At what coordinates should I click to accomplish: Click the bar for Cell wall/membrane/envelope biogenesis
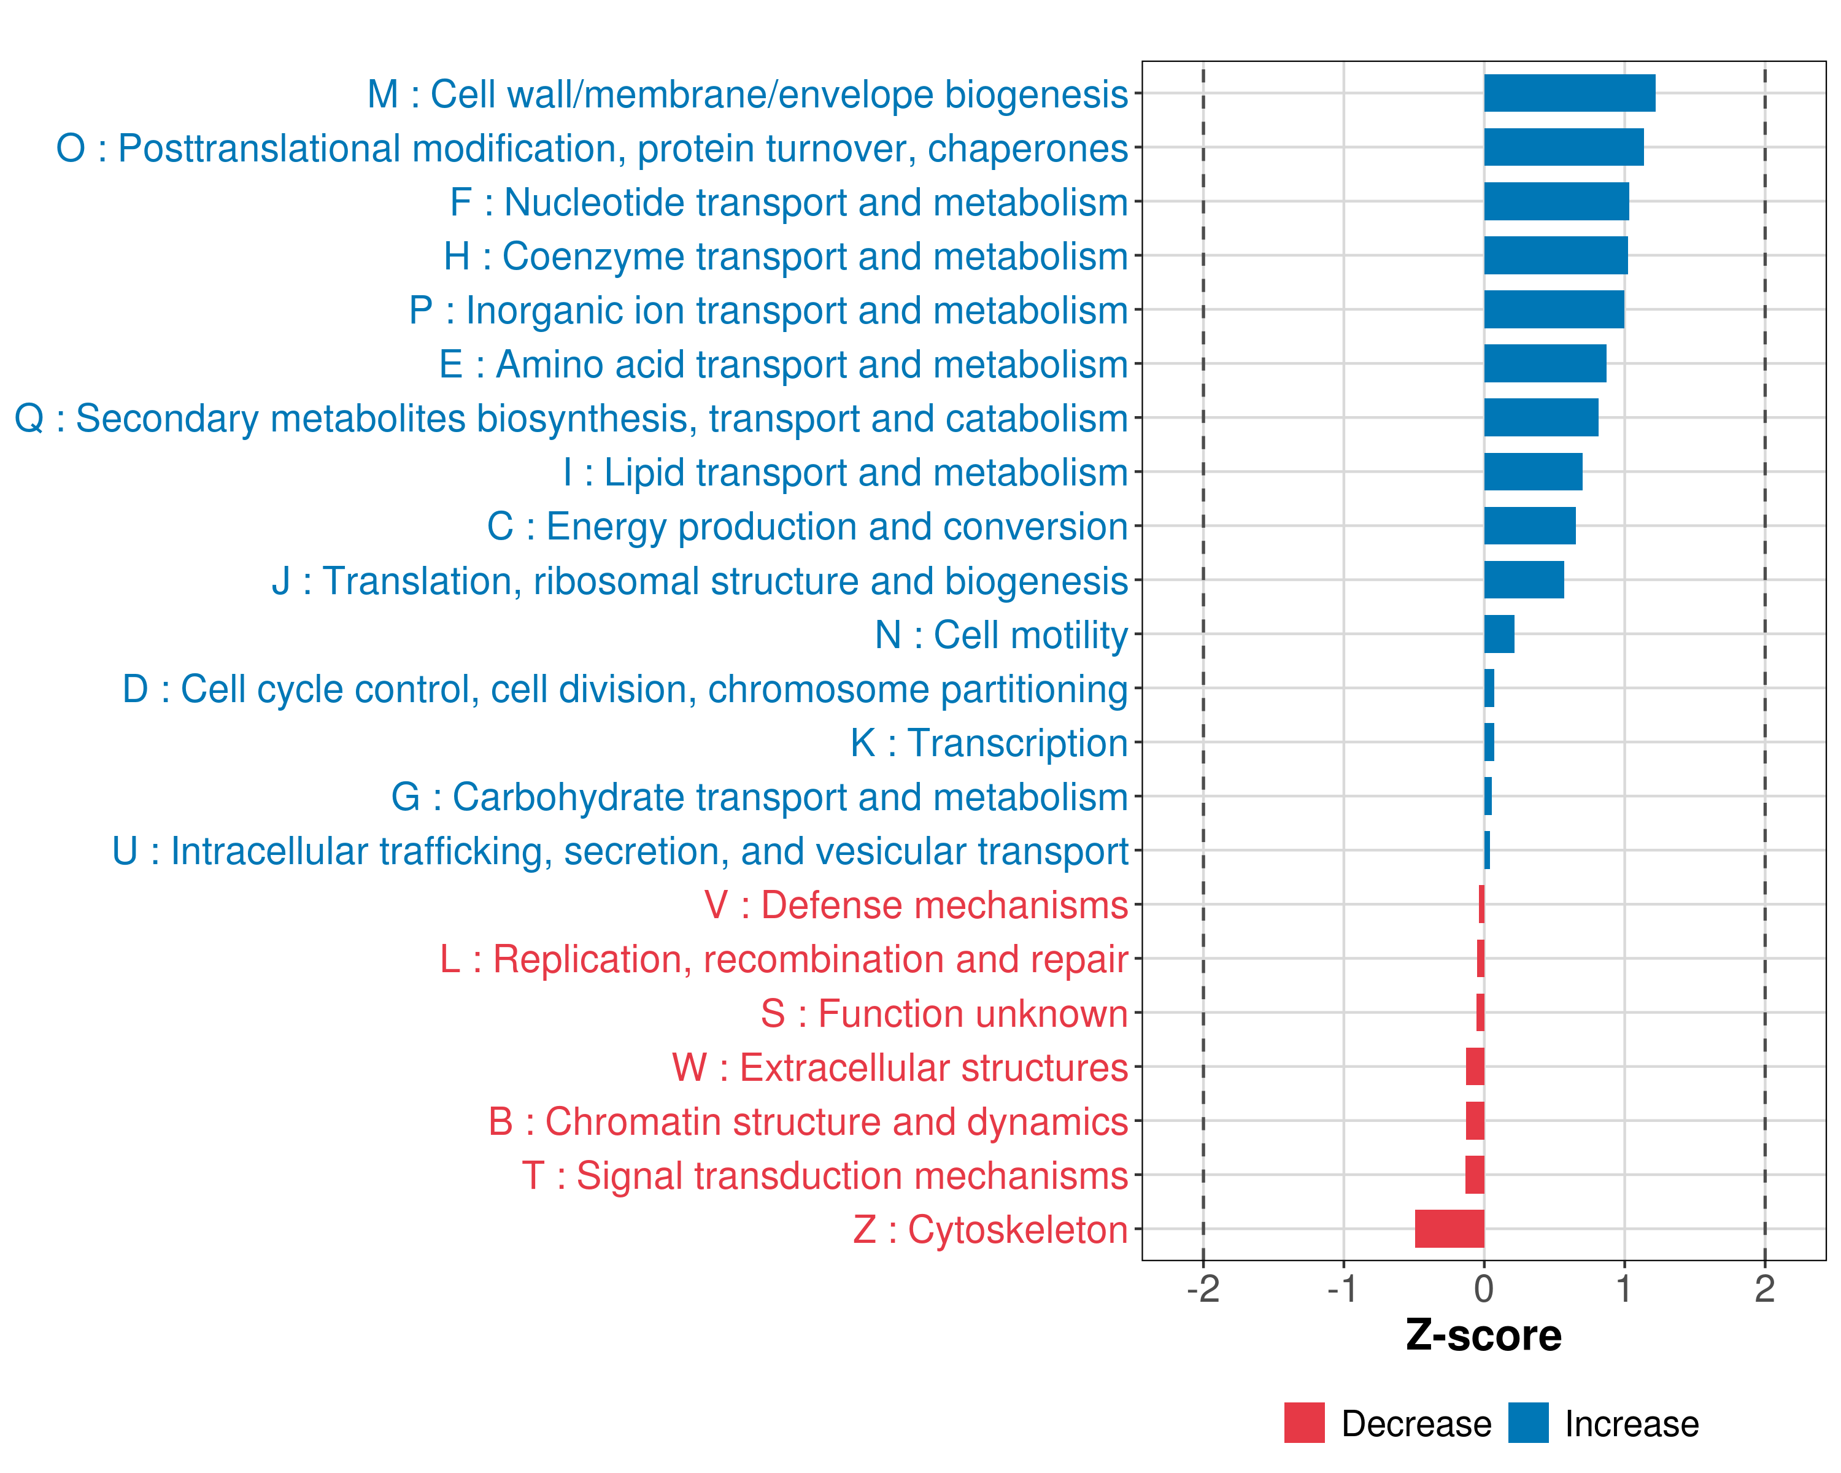coord(1570,93)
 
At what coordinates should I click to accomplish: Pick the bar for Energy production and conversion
coord(1530,526)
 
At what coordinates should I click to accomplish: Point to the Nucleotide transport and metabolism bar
coord(1557,201)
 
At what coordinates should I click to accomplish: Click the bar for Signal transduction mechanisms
coord(1475,1175)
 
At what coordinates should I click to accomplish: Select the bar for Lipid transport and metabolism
coord(1534,472)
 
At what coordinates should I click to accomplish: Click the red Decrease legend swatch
coord(1305,1423)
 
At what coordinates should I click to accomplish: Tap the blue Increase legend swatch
coord(1529,1423)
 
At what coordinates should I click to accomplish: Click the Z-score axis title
coord(1484,1336)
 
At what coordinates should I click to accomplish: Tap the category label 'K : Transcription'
coord(989,743)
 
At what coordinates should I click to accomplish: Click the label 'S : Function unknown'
coord(944,1013)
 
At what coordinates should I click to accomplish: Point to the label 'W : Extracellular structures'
coord(900,1067)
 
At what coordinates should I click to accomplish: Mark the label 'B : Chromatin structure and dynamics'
coord(808,1121)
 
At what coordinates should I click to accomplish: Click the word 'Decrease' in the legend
coord(1416,1423)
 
